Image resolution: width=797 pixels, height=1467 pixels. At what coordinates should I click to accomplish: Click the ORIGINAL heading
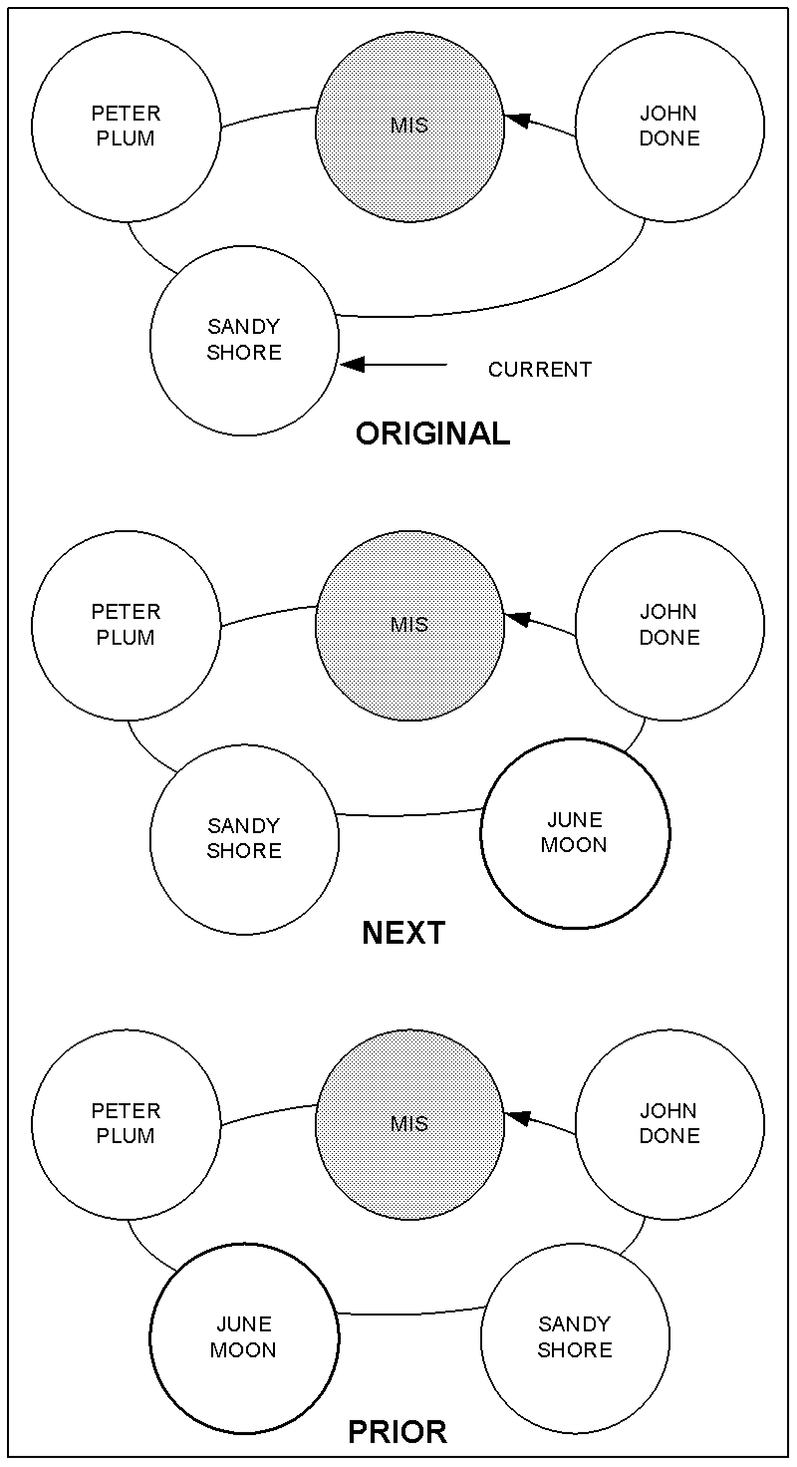(432, 434)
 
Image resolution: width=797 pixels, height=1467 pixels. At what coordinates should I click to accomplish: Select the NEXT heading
(403, 933)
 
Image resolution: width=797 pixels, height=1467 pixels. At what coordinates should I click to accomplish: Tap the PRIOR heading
(398, 1432)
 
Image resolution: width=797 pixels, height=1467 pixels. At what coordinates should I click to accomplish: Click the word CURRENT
(540, 370)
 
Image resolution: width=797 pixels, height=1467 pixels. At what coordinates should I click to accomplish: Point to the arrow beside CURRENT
(394, 365)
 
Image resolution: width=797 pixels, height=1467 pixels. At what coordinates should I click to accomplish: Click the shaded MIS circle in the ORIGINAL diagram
(410, 127)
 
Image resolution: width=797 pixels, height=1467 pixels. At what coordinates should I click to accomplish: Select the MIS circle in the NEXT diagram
(410, 625)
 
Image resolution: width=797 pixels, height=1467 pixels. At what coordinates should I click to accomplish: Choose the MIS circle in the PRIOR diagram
(410, 1124)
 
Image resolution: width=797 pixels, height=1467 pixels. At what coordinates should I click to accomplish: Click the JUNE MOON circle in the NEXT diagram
(575, 833)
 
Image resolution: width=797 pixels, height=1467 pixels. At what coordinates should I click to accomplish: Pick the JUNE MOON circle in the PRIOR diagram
(244, 1337)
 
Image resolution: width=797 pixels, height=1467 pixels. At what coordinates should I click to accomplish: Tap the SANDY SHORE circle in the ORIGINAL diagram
(244, 340)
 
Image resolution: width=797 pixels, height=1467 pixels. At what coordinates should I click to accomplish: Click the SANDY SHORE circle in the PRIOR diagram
(575, 1337)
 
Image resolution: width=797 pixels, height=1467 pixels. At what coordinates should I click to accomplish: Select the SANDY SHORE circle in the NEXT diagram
(244, 839)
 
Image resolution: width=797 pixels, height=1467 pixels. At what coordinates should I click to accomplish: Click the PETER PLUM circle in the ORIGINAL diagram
(126, 127)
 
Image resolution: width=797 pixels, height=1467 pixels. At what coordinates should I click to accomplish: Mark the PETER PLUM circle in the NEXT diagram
(126, 625)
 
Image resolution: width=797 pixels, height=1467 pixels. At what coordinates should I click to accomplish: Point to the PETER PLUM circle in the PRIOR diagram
(126, 1124)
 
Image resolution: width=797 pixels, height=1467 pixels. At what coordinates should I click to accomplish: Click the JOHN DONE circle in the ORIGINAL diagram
(669, 127)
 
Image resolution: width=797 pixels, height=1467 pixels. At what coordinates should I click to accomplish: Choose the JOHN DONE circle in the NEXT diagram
(669, 625)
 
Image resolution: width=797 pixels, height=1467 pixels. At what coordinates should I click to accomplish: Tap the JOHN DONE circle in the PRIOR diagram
(669, 1124)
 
